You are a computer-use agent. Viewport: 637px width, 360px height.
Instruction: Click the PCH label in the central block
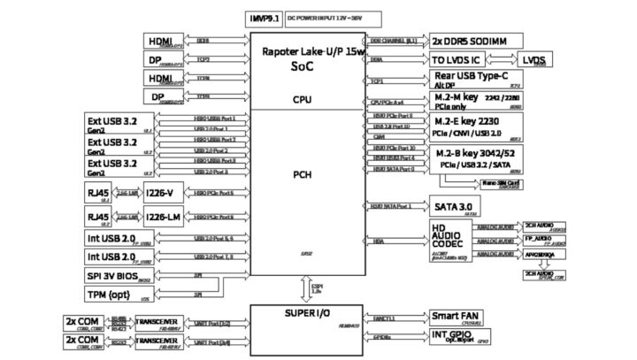(x=303, y=175)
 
